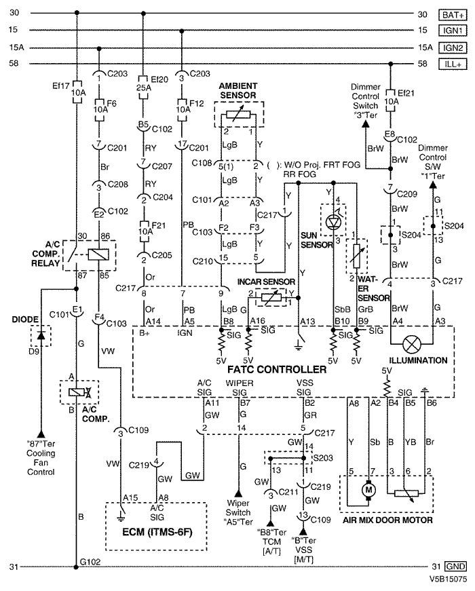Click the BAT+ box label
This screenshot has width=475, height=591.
[453, 15]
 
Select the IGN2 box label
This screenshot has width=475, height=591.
[453, 48]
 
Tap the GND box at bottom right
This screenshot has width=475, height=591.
[455, 567]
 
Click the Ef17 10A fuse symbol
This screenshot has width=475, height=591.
[77, 92]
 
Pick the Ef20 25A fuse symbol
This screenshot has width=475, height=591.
[143, 87]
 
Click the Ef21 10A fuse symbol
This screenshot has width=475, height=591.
[391, 100]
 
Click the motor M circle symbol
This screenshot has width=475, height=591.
[368, 490]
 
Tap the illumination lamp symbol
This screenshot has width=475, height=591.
[412, 344]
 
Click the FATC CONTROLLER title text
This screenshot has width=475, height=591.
[277, 369]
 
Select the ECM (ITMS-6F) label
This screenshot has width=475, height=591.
[157, 532]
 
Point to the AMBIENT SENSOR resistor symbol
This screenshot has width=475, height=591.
[238, 115]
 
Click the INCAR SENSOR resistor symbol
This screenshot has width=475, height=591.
[269, 298]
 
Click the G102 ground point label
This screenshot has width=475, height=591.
[90, 562]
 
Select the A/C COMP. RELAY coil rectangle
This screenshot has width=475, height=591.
[98, 255]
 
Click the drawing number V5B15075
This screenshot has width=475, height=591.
[447, 578]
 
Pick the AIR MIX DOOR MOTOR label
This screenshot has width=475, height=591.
[387, 520]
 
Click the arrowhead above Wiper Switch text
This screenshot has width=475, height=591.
[238, 493]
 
